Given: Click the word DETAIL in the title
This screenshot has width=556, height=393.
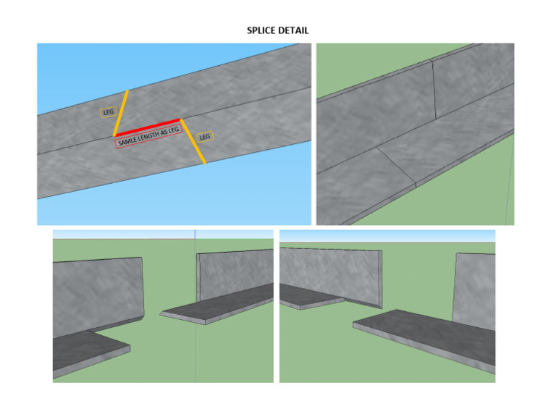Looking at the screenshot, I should (295, 30).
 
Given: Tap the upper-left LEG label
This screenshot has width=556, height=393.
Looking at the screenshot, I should (108, 112).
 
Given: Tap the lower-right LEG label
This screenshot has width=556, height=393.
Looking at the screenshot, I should (205, 136).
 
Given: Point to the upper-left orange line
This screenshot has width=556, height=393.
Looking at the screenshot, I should (121, 113).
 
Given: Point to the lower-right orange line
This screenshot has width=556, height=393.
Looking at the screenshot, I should (193, 142).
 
